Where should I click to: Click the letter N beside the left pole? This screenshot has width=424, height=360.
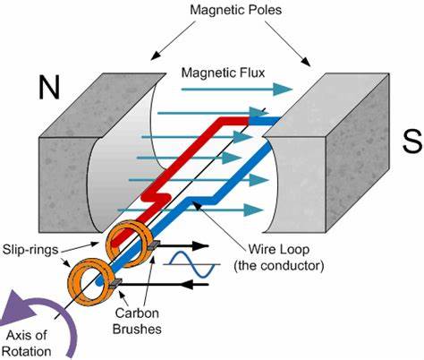[50, 86]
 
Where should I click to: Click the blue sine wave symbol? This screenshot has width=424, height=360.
[191, 265]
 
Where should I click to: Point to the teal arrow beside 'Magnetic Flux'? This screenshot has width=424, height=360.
[277, 88]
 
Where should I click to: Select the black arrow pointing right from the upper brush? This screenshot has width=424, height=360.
[183, 244]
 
